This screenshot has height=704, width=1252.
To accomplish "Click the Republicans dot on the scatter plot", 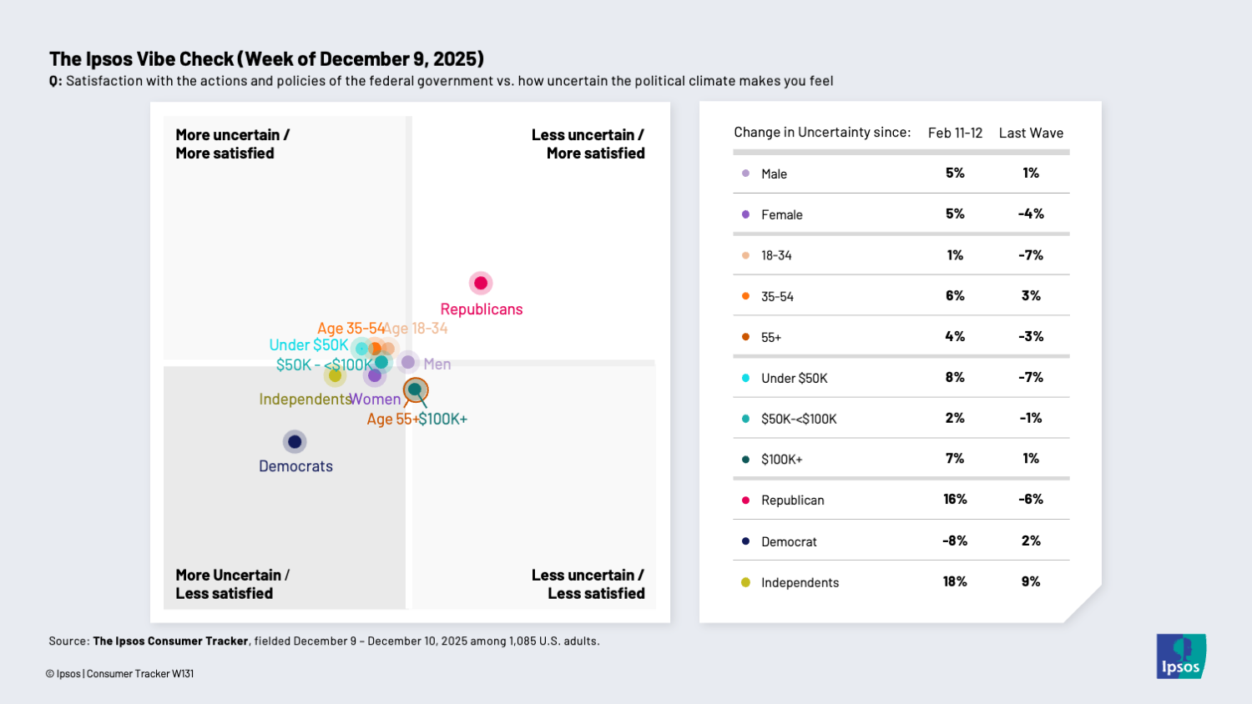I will click(x=481, y=284).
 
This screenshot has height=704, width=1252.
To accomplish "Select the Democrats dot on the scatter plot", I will click(x=295, y=442).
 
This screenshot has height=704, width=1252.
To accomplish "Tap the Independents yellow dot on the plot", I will click(x=335, y=375).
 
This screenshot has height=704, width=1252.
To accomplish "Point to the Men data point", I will click(x=408, y=362).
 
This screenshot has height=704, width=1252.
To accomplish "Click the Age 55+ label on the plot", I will click(x=392, y=420).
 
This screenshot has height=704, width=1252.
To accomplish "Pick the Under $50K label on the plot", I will click(x=309, y=345).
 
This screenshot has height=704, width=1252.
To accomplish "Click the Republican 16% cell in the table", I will click(x=955, y=500).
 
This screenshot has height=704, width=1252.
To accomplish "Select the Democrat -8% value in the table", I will click(x=955, y=541).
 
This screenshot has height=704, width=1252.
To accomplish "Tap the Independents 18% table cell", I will click(x=955, y=581).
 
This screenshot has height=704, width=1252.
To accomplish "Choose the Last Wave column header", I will click(x=1031, y=133).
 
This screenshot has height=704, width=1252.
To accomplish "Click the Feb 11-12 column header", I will click(x=955, y=133).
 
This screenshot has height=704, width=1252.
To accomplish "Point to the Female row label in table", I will click(x=781, y=215).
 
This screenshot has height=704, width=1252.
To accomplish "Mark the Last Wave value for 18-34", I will click(x=1031, y=255).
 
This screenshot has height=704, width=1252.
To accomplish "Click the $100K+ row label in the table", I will click(x=781, y=460).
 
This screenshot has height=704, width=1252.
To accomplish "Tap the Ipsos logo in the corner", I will click(x=1181, y=656).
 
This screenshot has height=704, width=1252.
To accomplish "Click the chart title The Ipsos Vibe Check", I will click(x=266, y=59).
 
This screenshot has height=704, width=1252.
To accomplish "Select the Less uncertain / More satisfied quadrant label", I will click(x=588, y=144).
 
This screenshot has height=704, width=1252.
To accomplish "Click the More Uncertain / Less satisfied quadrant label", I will click(x=231, y=584).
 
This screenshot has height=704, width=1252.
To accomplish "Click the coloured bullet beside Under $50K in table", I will click(x=745, y=378).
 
